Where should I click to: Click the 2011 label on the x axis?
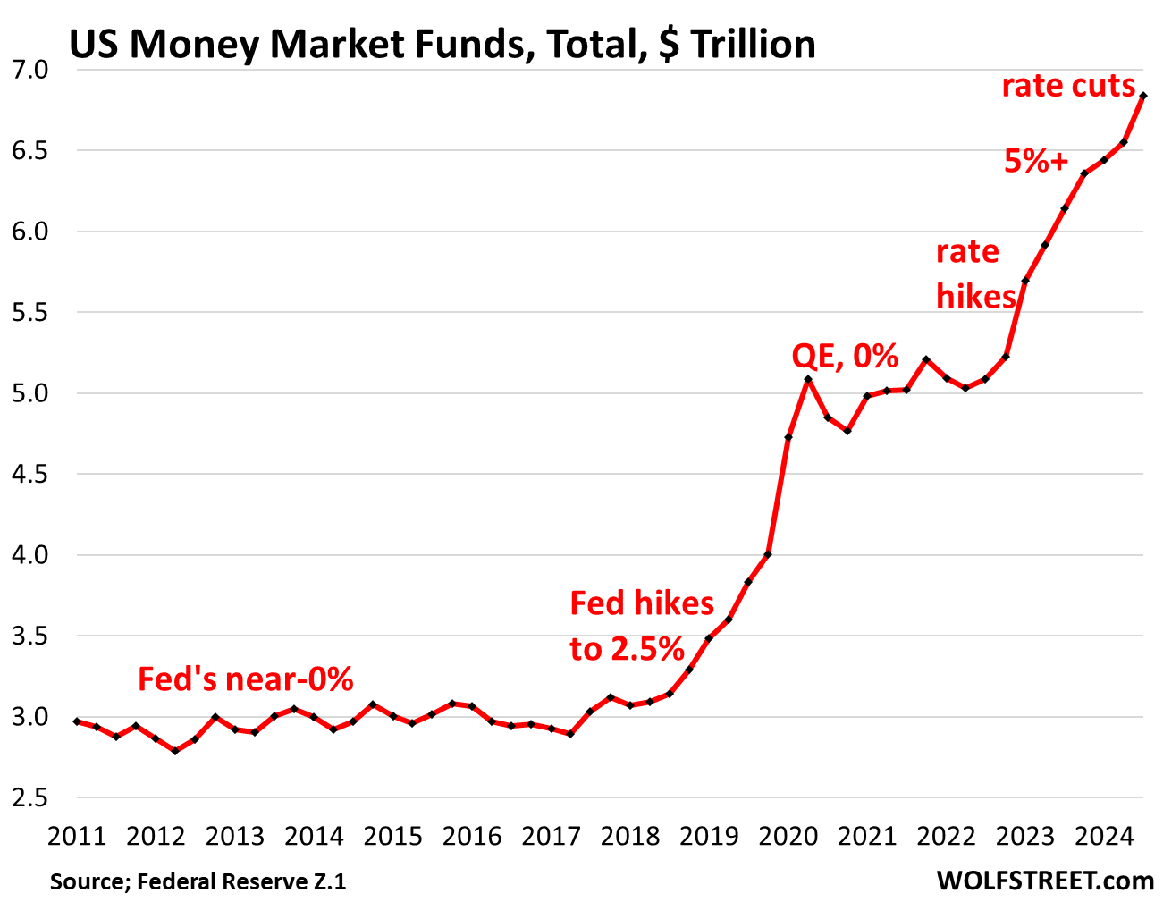[77, 836]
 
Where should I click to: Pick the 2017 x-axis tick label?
[551, 836]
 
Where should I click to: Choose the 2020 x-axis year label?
[788, 836]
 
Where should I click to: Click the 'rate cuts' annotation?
[1068, 86]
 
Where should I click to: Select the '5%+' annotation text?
[1036, 162]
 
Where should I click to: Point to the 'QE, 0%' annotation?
[845, 356]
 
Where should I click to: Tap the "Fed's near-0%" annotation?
[246, 679]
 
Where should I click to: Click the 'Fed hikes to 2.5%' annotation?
[642, 626]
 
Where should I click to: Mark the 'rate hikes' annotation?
[976, 274]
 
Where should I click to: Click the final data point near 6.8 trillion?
[1143, 96]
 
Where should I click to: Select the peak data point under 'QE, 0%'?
[808, 379]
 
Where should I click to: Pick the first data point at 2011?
[77, 721]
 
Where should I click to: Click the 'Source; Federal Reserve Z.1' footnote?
[198, 881]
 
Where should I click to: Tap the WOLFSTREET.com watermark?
[1045, 881]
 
